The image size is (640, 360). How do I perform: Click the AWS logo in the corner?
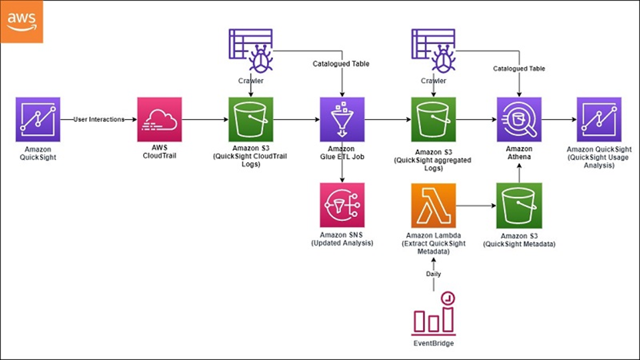[22, 22]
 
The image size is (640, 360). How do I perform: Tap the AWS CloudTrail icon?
[159, 119]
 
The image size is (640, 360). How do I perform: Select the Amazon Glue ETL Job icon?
[342, 119]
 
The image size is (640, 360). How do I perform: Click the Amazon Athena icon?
[518, 119]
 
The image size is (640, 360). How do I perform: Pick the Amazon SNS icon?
[342, 205]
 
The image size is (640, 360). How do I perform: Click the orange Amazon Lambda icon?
[434, 205]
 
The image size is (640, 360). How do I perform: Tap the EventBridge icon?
[434, 314]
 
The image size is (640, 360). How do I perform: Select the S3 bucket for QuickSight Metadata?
[519, 205]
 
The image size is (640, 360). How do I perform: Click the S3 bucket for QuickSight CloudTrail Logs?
[251, 119]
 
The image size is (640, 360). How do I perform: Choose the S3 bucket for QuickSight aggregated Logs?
[434, 119]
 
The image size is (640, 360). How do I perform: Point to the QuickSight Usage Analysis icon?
[598, 119]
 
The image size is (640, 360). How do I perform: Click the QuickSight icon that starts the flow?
[38, 119]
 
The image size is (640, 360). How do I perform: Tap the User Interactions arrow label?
[98, 119]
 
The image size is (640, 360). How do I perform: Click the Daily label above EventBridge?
[434, 274]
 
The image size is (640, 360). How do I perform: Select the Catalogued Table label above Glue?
[341, 64]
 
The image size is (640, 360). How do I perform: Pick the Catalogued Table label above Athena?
[518, 68]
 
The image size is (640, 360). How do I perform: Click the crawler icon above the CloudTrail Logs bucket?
[251, 51]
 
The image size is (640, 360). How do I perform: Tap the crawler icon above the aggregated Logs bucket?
[434, 51]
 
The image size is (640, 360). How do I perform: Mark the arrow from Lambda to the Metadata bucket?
[476, 205]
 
